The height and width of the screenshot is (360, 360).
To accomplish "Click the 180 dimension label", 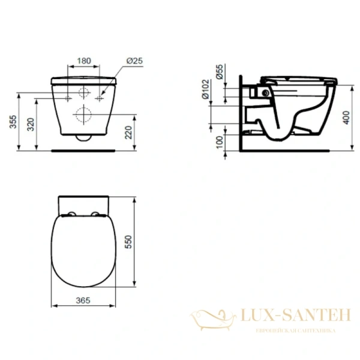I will tap(85, 61).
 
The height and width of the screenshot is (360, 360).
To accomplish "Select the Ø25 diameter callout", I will tap(135, 61).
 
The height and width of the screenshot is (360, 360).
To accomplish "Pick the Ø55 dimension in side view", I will tap(220, 73).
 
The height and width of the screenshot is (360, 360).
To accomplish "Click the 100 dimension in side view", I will tap(220, 143).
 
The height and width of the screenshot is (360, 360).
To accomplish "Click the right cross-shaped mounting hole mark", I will tap(101, 97).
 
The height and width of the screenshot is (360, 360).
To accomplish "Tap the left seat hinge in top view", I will tap(71, 216).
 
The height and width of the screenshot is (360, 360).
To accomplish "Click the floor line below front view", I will tap(85, 151).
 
